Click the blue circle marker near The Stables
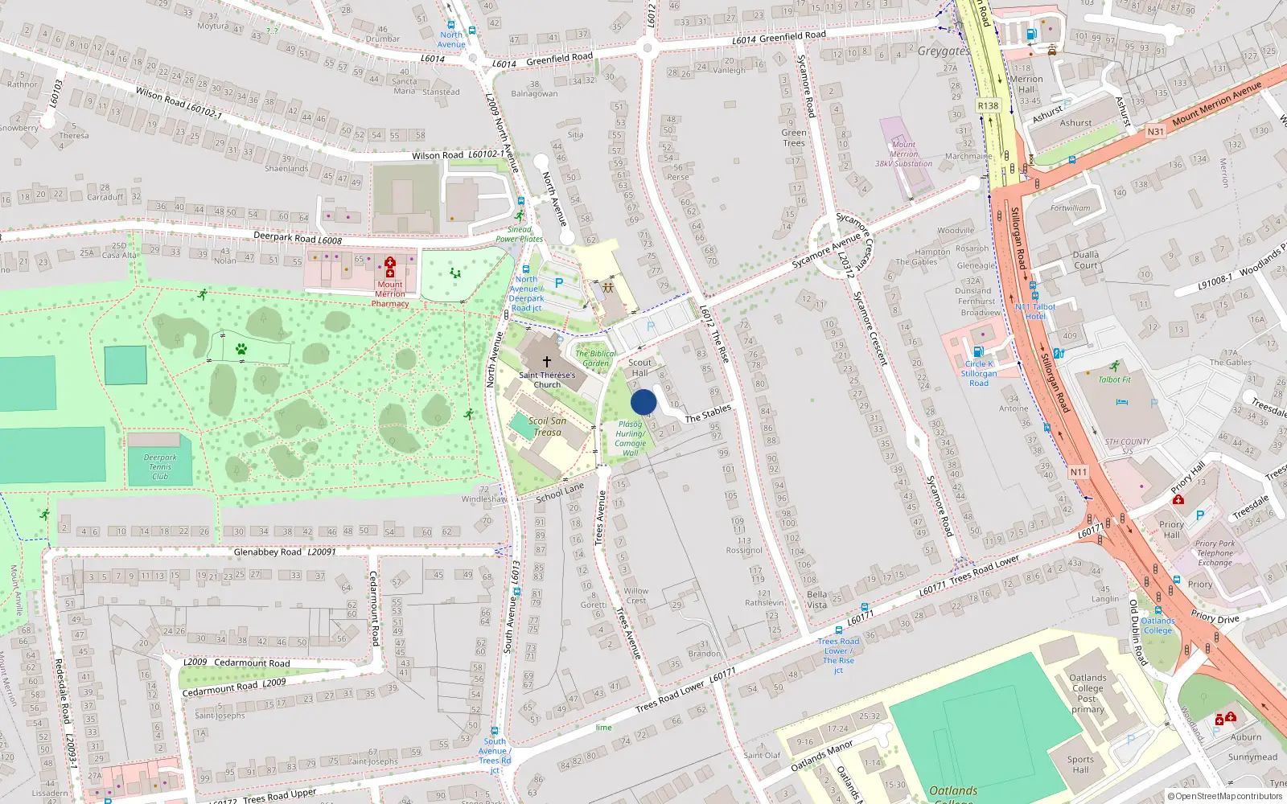click(643, 402)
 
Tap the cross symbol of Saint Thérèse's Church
click(547, 362)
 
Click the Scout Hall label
click(639, 367)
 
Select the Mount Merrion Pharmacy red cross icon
click(390, 267)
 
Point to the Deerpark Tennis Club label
click(160, 467)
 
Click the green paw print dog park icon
click(241, 349)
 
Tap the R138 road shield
click(988, 106)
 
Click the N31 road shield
click(1156, 131)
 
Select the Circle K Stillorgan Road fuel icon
click(978, 351)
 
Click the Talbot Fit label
click(1115, 379)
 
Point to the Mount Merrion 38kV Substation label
click(903, 154)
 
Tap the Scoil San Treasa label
click(548, 426)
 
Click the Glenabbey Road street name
click(268, 552)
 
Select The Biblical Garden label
click(596, 359)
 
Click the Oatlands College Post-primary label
click(1088, 693)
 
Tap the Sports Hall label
click(1080, 764)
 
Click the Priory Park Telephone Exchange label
click(1215, 553)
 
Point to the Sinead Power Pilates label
click(519, 234)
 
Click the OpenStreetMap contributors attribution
click(1224, 796)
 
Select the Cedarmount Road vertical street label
click(373, 608)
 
